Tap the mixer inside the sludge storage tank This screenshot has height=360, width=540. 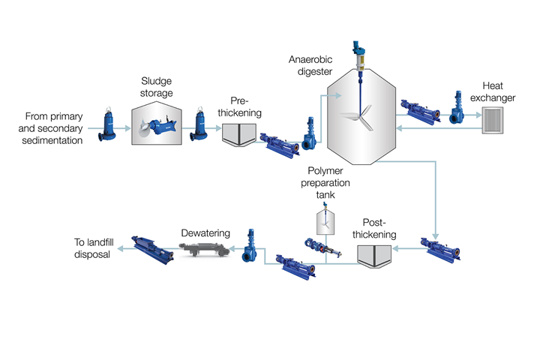(160, 128)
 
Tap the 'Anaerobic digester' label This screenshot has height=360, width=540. (310, 64)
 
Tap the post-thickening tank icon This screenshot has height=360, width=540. (373, 255)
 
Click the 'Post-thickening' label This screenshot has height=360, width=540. (373, 228)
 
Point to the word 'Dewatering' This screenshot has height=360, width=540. (205, 233)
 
